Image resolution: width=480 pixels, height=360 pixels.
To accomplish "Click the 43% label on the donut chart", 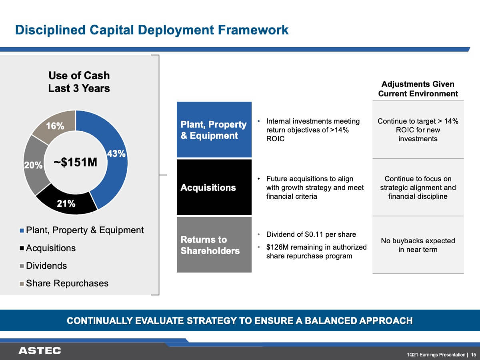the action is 116,154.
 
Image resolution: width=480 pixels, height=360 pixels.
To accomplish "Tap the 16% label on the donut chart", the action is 55,126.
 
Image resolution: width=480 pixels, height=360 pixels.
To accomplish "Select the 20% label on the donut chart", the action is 33,165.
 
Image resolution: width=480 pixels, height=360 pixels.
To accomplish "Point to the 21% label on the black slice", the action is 66,204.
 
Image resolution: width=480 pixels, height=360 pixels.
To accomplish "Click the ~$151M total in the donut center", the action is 76,162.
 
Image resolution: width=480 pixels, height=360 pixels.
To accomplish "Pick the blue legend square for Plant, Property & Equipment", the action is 22,231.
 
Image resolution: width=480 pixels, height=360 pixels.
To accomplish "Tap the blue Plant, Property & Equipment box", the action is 214,130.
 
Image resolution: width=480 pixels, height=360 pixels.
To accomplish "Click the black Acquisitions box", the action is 214,187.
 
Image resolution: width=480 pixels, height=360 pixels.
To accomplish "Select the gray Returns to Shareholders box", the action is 214,244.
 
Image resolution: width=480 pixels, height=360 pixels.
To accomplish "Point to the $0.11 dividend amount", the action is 314,234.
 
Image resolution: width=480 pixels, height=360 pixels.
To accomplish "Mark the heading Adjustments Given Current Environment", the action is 418,89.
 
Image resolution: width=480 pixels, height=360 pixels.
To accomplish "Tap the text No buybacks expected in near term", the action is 418,245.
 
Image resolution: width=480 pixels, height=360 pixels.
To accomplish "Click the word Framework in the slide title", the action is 253,30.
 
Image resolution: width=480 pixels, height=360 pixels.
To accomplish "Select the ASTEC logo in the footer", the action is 40,351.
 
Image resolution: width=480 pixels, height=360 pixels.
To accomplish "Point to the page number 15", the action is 474,354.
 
